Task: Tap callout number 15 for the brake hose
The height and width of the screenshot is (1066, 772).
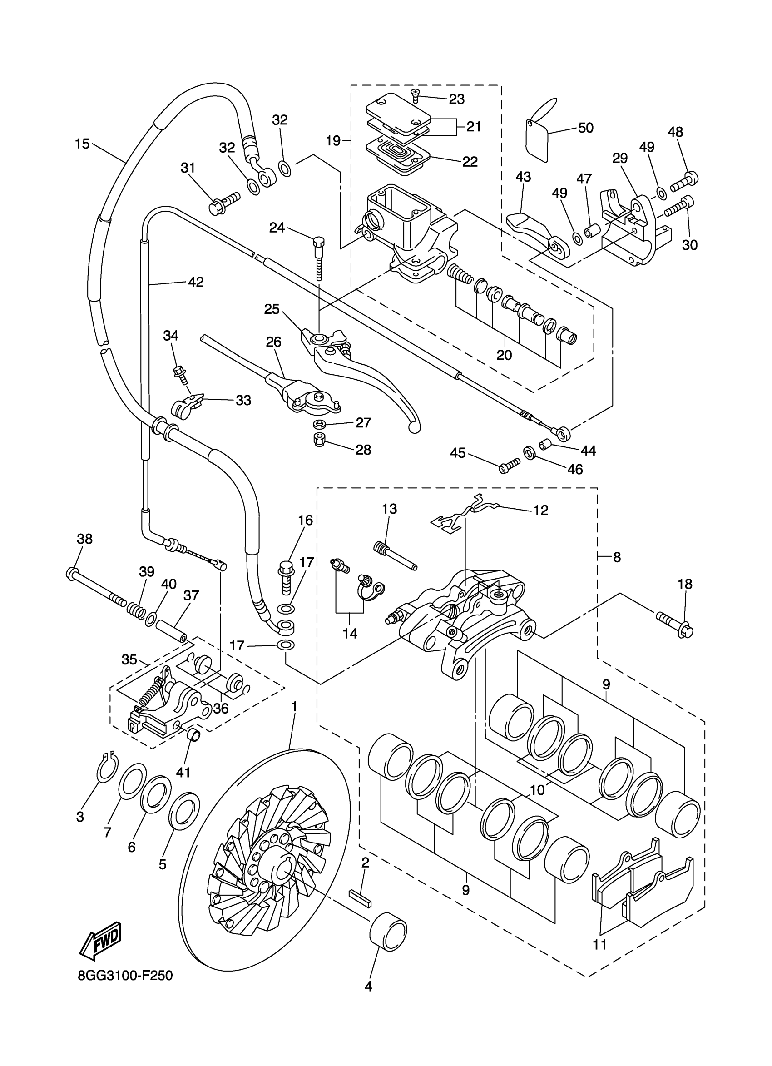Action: tap(82, 144)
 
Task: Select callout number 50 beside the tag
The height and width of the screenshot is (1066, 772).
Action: tap(585, 128)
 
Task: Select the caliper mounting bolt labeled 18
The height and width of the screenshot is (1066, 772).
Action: tap(675, 623)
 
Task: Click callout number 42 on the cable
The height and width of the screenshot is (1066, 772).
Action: tap(196, 282)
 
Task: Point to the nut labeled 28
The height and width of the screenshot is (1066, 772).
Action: tap(320, 441)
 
